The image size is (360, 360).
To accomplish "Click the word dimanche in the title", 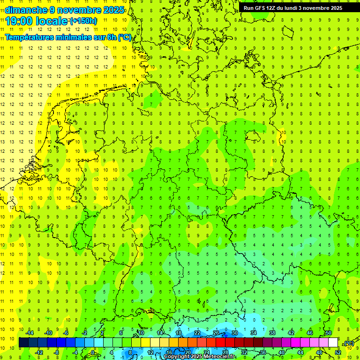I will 25,10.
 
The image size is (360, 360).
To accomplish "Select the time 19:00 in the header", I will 21,21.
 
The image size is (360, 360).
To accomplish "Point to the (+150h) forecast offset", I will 83,21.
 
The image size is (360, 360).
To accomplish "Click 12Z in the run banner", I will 273,8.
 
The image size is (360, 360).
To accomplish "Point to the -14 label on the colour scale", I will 30,333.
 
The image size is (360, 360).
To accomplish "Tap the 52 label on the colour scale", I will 338,352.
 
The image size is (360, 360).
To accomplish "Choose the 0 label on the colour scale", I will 93,352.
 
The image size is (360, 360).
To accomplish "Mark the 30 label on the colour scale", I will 234,333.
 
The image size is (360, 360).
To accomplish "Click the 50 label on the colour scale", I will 329,333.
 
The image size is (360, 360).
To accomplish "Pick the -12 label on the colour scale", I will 39,352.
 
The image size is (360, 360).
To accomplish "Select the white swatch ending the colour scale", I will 333,343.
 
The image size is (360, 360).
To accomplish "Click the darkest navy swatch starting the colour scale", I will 23,343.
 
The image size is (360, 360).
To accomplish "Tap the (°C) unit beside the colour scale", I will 349,343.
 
